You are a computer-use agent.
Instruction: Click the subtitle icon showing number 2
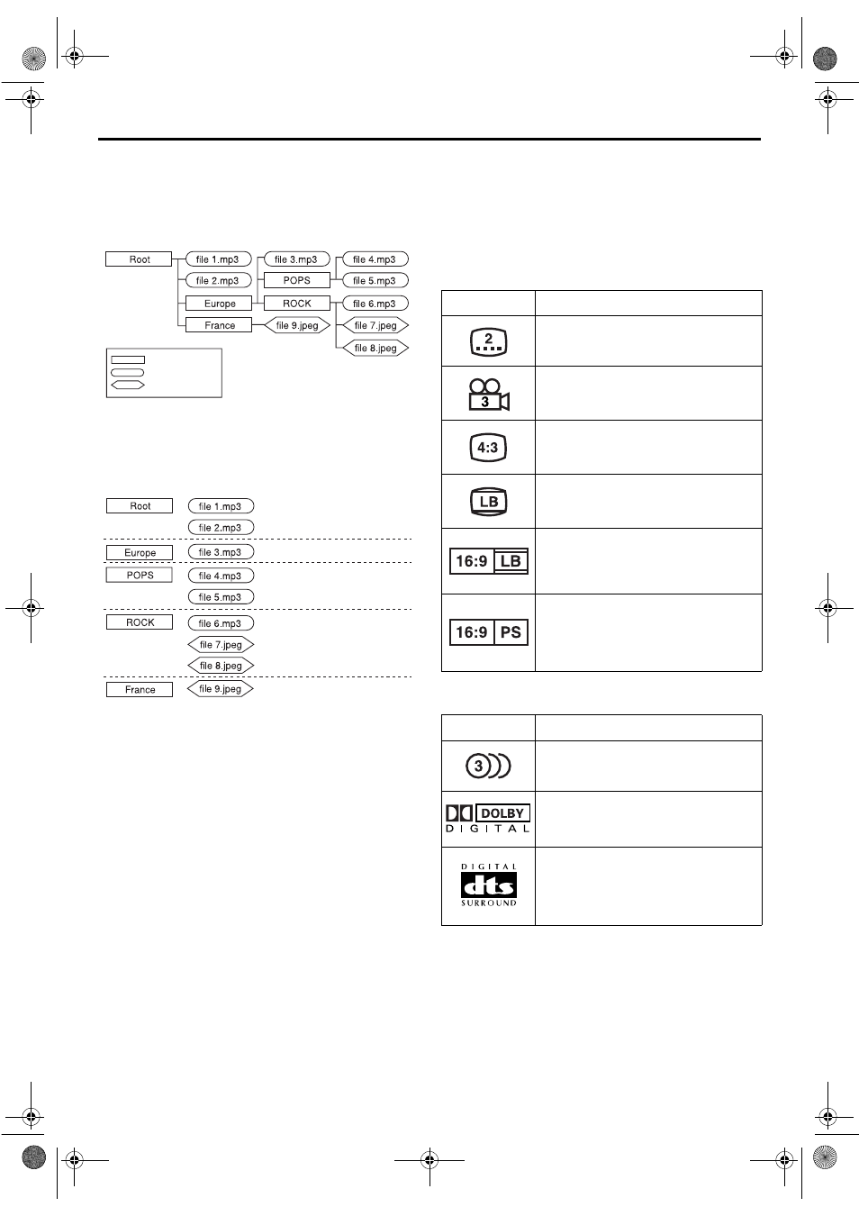pyautogui.click(x=489, y=341)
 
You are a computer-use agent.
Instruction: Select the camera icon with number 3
pyautogui.click(x=488, y=395)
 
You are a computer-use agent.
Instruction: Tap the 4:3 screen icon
pyautogui.click(x=488, y=448)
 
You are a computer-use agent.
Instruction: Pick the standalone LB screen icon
pyautogui.click(x=489, y=502)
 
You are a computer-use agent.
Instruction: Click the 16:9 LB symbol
pyautogui.click(x=489, y=561)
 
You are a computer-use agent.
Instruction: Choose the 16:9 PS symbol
pyautogui.click(x=489, y=632)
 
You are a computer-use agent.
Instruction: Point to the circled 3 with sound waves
pyautogui.click(x=488, y=767)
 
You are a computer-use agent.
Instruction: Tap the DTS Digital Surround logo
pyautogui.click(x=489, y=885)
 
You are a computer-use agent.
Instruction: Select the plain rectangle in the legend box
pyautogui.click(x=127, y=359)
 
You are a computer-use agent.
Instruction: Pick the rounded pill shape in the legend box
pyautogui.click(x=127, y=372)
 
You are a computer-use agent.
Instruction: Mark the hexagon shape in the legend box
pyautogui.click(x=127, y=385)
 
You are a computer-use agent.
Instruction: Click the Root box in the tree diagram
pyautogui.click(x=139, y=259)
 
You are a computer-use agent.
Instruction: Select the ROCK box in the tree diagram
pyautogui.click(x=296, y=304)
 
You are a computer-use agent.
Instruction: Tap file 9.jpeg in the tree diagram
pyautogui.click(x=297, y=325)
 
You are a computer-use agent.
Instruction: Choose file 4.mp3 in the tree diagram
pyautogui.click(x=375, y=259)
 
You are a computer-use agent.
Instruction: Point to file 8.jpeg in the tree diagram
pyautogui.click(x=375, y=348)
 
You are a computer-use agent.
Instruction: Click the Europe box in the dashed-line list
pyautogui.click(x=140, y=553)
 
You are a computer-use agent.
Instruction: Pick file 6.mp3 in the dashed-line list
pyautogui.click(x=221, y=623)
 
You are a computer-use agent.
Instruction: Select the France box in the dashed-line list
pyautogui.click(x=140, y=690)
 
